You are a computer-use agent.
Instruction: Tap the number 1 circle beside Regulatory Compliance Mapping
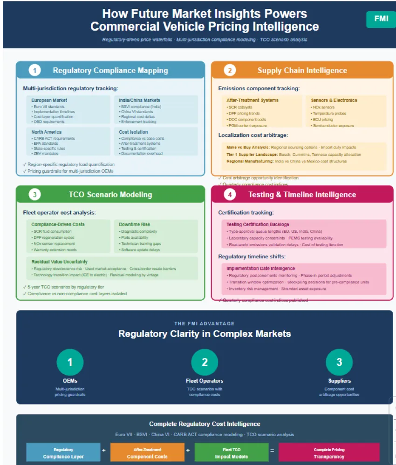(34, 71)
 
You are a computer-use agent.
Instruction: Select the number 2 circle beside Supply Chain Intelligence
(229, 71)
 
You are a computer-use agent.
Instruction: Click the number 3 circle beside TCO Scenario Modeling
(34, 195)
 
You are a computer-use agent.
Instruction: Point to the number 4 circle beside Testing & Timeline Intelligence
(229, 195)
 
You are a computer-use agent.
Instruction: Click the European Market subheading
(49, 100)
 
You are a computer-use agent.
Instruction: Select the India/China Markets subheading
(139, 100)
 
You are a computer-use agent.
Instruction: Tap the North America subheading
(46, 132)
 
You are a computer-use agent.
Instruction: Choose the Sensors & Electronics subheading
(334, 100)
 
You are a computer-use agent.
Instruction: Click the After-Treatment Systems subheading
(252, 100)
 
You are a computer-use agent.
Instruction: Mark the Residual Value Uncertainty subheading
(59, 262)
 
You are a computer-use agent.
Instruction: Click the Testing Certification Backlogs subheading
(258, 224)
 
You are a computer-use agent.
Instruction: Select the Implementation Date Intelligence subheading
(260, 269)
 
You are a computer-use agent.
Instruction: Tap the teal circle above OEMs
(70, 362)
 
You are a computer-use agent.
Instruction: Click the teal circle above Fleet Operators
(205, 362)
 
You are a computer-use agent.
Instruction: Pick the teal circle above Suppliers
(339, 362)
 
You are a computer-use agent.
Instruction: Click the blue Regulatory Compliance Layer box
(63, 453)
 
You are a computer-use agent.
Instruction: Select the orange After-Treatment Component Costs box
(147, 453)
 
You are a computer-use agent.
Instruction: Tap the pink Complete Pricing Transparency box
(329, 453)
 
